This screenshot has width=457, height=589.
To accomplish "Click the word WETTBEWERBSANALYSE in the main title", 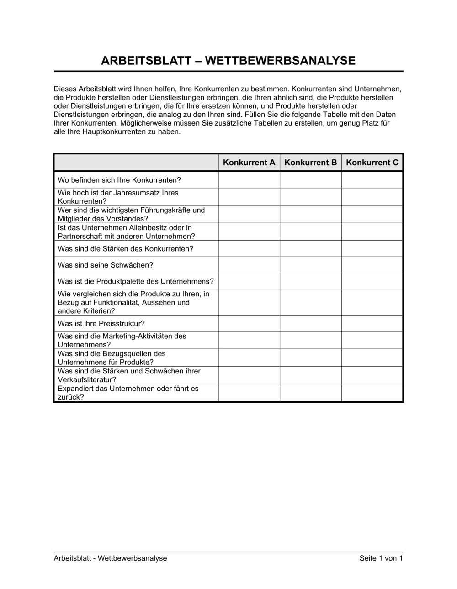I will click(280, 61).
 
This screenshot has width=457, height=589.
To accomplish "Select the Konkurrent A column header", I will click(249, 163).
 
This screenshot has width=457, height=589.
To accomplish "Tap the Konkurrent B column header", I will click(311, 163).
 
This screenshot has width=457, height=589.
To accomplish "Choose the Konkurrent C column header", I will click(372, 163).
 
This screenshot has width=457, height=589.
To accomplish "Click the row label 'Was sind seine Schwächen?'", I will click(106, 265).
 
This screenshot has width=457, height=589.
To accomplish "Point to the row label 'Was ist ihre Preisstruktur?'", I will click(101, 324).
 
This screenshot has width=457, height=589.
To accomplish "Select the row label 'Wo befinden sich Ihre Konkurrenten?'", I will click(119, 180).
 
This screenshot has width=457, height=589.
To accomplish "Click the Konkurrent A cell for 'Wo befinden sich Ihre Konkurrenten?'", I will click(249, 180).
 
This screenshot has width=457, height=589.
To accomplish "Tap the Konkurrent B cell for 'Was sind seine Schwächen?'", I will click(311, 265).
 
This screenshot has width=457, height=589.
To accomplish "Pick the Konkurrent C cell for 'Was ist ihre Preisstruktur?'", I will click(372, 324).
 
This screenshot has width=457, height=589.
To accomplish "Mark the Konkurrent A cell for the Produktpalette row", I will click(249, 282).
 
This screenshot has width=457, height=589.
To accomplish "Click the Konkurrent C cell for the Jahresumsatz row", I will click(372, 197).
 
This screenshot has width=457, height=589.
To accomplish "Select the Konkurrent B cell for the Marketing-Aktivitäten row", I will click(311, 341).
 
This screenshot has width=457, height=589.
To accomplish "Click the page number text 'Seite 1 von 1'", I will click(381, 558).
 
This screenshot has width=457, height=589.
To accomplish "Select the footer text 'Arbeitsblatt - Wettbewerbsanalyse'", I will click(110, 558).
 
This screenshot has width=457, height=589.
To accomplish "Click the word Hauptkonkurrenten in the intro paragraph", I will click(112, 132).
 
